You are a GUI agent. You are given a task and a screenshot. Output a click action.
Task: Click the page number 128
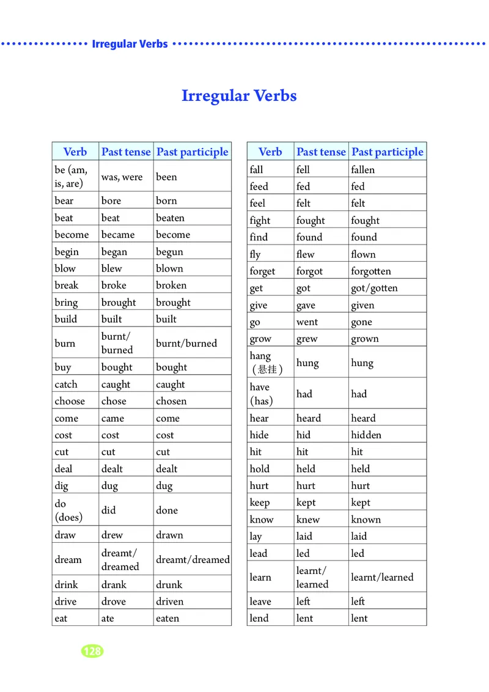(92, 651)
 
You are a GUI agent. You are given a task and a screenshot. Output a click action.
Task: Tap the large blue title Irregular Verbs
(239, 96)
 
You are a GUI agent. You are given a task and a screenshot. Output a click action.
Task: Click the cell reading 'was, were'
(122, 177)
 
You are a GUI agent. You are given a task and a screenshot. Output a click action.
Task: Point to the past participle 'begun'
(169, 252)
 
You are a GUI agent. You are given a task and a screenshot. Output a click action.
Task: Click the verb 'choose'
(70, 401)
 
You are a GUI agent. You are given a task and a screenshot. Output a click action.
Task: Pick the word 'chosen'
(171, 401)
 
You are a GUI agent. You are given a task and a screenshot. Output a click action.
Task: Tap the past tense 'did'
(108, 510)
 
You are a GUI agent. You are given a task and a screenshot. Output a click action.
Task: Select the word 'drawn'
(169, 535)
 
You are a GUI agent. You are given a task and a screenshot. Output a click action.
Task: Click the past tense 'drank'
(114, 584)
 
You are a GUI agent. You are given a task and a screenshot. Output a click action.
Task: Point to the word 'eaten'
(167, 618)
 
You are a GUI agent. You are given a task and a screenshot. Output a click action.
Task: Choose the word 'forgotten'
(371, 271)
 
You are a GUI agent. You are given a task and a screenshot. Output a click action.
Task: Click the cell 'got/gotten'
(374, 288)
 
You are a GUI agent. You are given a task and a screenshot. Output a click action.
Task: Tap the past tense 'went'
(307, 322)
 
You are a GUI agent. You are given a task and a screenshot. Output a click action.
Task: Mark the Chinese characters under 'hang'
(267, 370)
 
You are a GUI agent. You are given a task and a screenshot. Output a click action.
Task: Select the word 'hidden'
(366, 435)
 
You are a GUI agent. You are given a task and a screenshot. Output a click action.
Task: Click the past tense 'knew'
(308, 520)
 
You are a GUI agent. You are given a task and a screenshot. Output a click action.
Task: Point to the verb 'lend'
(259, 618)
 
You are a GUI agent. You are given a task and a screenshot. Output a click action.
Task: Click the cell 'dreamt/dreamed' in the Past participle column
(193, 559)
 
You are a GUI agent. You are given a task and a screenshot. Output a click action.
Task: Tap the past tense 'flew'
(306, 254)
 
